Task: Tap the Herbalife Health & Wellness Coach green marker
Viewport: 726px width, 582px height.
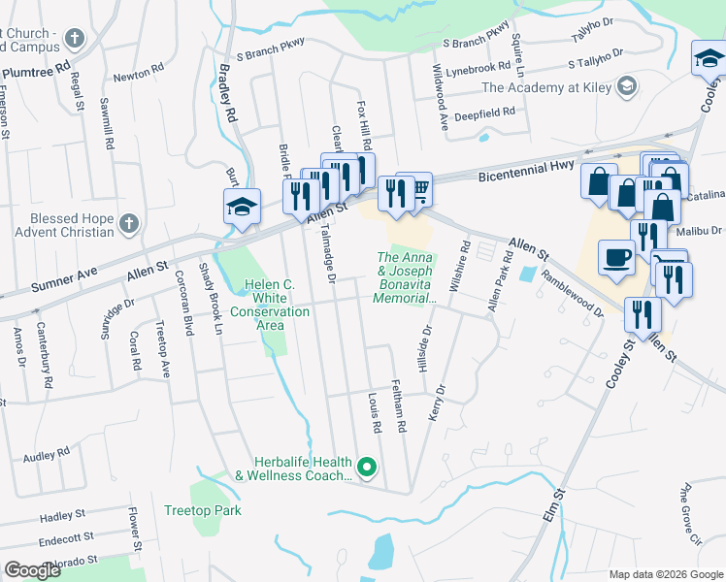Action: coord(366,469)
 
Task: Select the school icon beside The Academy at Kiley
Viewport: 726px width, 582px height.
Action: coord(627,87)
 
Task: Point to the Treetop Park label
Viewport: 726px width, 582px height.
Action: coord(202,510)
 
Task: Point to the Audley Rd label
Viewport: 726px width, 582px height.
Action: coord(47,453)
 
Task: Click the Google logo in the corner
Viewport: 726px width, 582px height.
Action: coord(32,570)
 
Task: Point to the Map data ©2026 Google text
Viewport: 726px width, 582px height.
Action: coord(665,574)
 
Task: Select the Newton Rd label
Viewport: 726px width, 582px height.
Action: coord(138,74)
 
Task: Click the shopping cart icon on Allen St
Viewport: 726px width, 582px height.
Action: coord(420,188)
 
